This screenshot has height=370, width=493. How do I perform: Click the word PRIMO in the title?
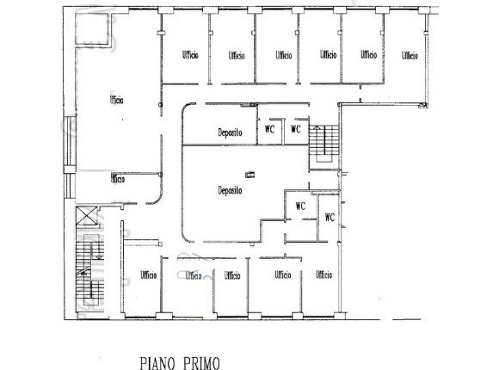(200, 362)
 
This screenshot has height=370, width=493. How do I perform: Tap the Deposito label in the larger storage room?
(230, 190)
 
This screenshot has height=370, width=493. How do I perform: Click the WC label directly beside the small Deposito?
(269, 130)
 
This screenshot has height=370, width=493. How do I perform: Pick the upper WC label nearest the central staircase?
(295, 130)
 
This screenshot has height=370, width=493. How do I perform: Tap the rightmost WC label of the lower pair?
(329, 218)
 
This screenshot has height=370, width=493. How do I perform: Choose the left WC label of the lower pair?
(300, 206)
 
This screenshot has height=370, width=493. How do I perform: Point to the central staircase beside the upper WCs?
(324, 143)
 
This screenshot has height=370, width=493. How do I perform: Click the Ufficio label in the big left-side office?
(117, 100)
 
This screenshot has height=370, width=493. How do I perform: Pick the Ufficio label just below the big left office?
(117, 179)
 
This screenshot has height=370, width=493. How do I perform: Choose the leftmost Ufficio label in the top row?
(190, 55)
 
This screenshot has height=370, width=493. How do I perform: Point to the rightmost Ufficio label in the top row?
(409, 55)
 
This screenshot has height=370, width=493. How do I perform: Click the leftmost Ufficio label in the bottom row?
(148, 275)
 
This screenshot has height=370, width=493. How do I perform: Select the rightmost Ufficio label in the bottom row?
(324, 274)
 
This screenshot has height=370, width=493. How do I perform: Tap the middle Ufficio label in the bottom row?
(231, 275)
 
